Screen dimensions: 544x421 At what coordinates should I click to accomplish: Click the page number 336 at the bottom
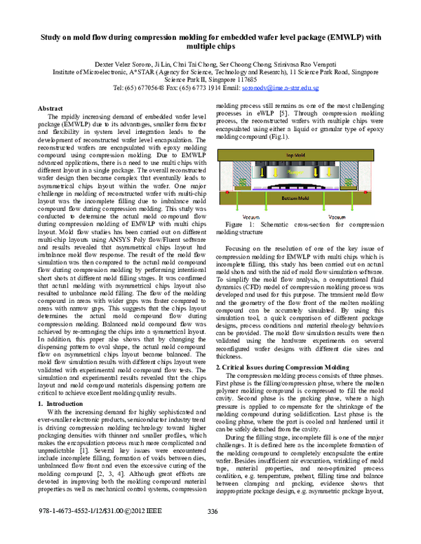click(x=213, y=531)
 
